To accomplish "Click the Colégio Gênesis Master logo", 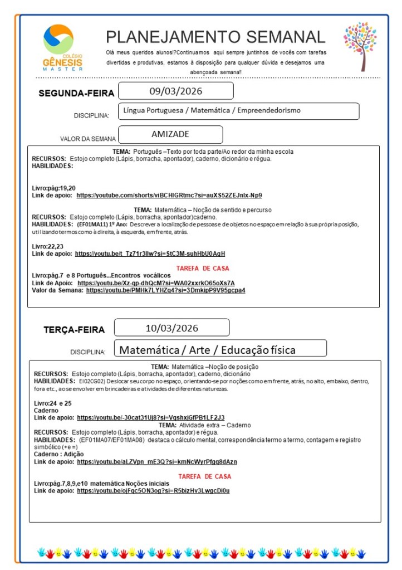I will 62,47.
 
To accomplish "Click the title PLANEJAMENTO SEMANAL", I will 215,37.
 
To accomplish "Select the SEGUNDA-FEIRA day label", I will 76,94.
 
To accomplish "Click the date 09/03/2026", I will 176,91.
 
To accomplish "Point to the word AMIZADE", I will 170,134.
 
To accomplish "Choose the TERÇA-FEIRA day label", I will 74,330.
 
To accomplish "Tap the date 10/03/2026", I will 171,328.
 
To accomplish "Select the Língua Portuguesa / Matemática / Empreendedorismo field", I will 212,110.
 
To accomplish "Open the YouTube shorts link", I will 169,195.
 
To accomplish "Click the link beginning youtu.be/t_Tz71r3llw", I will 150,254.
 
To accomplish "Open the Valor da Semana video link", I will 165,290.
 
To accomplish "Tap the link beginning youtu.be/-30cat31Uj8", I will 150,417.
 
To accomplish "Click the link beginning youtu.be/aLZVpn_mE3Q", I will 157,462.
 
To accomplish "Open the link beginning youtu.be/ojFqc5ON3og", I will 153,491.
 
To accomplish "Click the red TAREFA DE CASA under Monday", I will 203,268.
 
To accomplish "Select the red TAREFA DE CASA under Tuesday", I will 204,476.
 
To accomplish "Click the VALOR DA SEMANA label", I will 88,139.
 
